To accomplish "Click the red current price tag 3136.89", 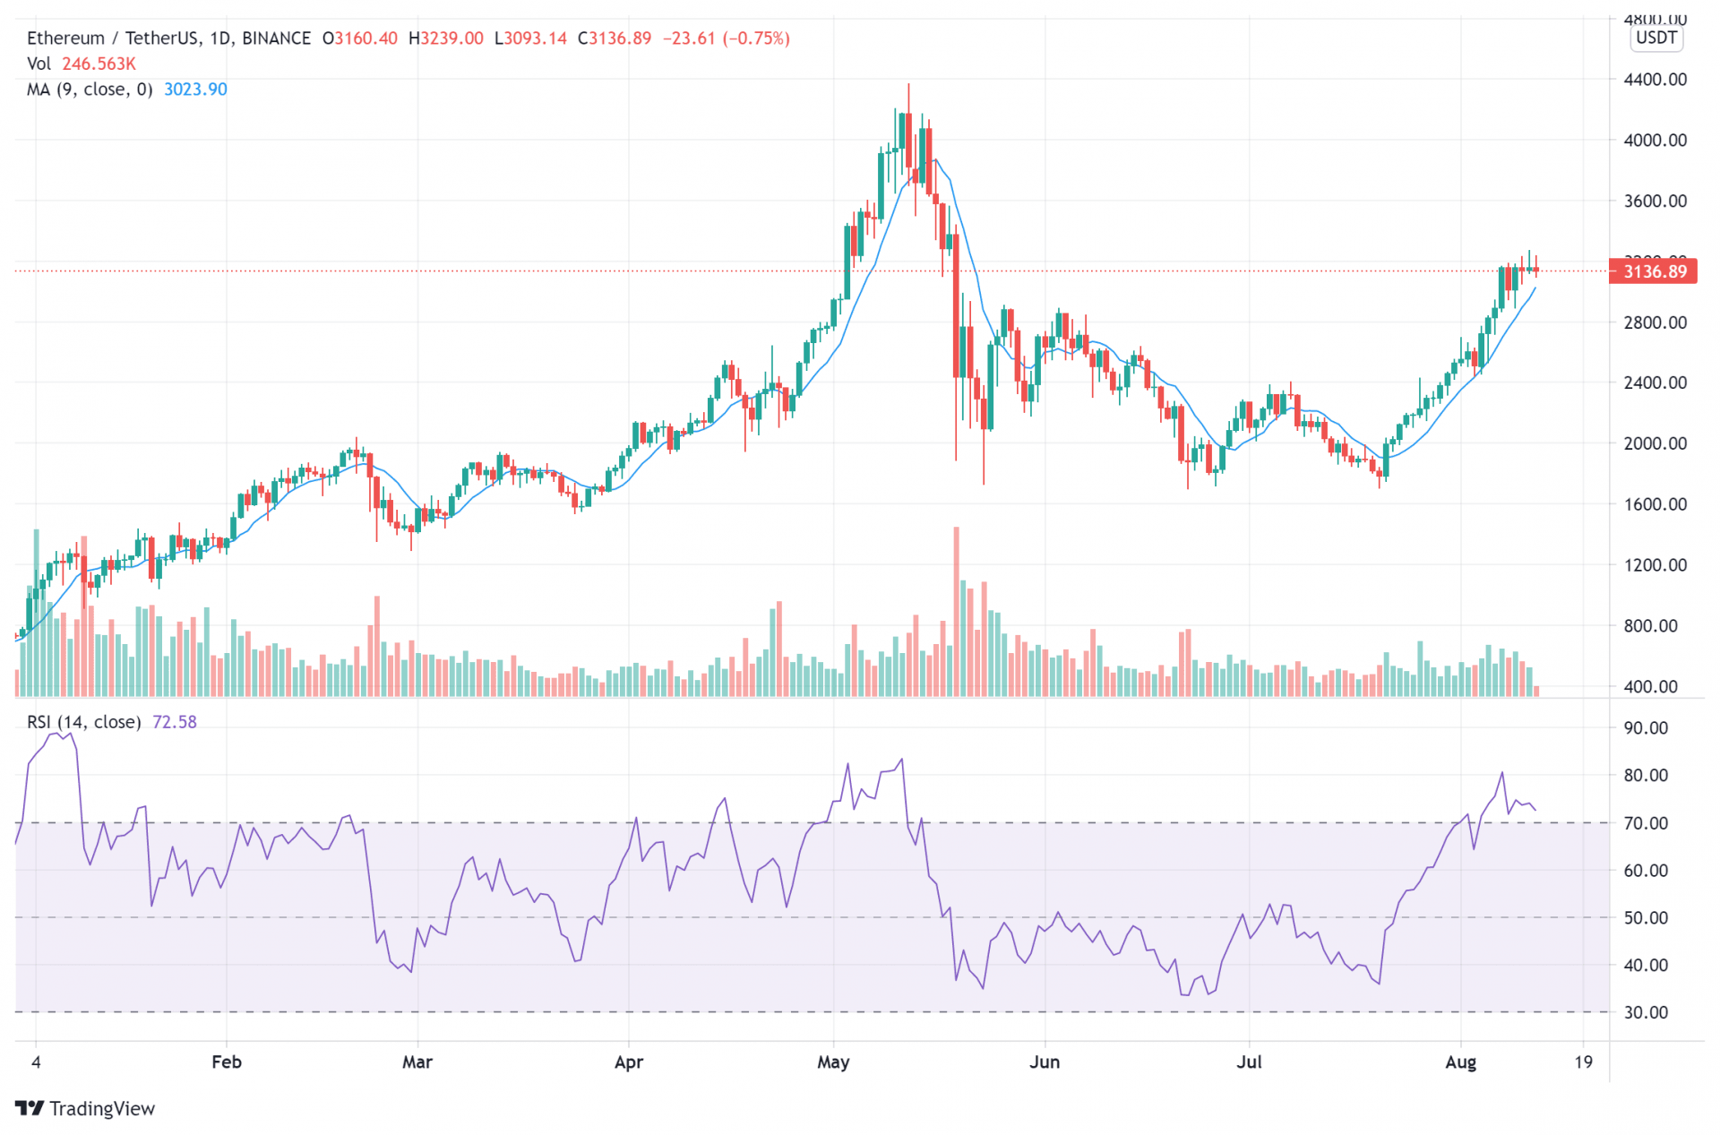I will click(x=1653, y=271).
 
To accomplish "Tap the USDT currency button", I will click(x=1655, y=38).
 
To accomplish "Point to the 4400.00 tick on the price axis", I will click(x=1655, y=80).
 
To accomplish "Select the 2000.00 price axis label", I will click(x=1655, y=443).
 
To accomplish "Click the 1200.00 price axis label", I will click(x=1655, y=565).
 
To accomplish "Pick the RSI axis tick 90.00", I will click(x=1646, y=728).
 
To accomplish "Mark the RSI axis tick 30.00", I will click(x=1646, y=1013).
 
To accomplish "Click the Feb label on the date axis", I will click(x=227, y=1062).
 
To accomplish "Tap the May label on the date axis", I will click(x=833, y=1062).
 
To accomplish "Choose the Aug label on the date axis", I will click(x=1461, y=1062).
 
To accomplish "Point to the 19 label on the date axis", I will click(x=1584, y=1062).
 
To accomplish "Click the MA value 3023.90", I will click(x=195, y=90).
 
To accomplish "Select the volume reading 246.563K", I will click(x=99, y=64).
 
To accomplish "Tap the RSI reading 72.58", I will click(x=175, y=722).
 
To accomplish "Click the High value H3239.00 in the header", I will click(x=445, y=39).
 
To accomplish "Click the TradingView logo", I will click(x=85, y=1109).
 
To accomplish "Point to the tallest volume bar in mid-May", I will click(x=957, y=609).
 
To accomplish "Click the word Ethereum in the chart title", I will click(x=65, y=39).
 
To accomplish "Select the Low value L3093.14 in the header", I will click(x=530, y=39).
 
